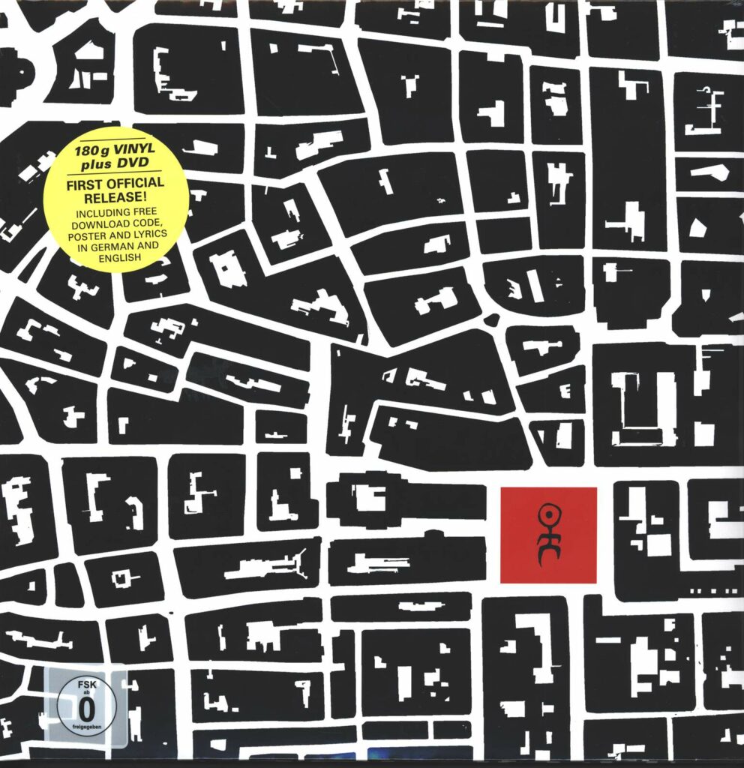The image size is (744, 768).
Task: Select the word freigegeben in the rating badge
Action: tap(73, 725)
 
